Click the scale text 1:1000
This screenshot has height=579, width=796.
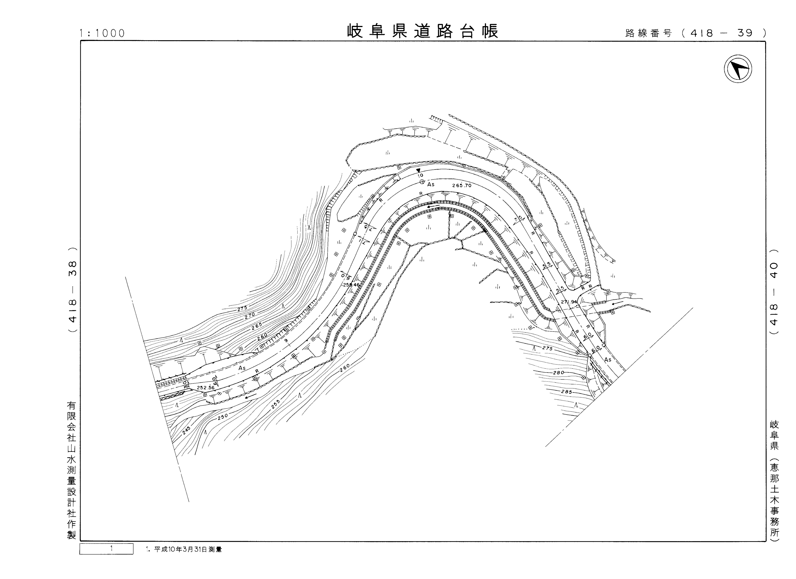pyautogui.click(x=102, y=33)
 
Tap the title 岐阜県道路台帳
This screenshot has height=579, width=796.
pyautogui.click(x=423, y=32)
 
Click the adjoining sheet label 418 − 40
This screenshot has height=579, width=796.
pyautogui.click(x=774, y=292)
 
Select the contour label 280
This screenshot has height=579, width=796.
pyautogui.click(x=558, y=372)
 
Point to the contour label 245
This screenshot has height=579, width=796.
pyautogui.click(x=186, y=431)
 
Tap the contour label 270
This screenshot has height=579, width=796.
pyautogui.click(x=250, y=315)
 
